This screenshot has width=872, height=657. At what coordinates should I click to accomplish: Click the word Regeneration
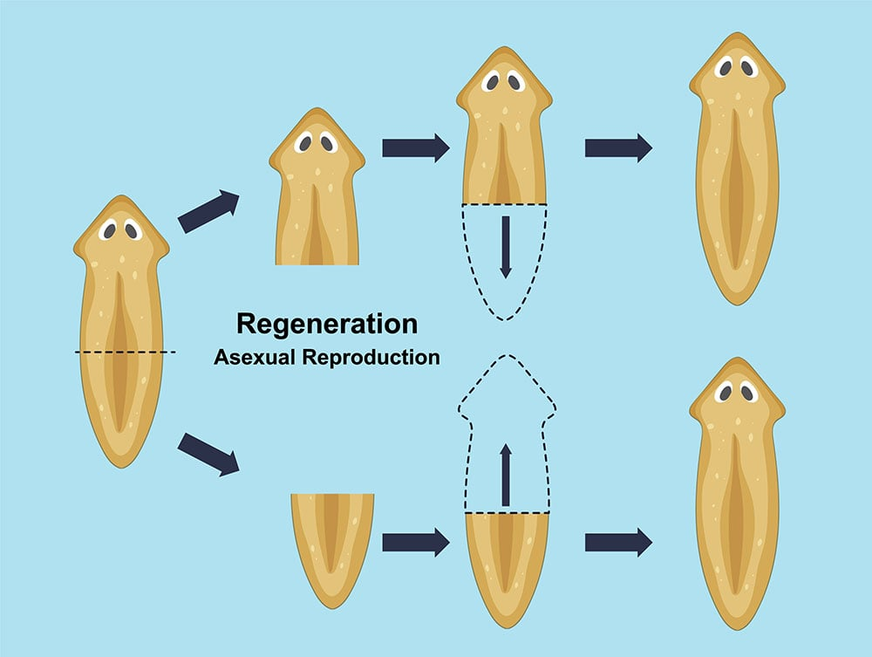pos(327,325)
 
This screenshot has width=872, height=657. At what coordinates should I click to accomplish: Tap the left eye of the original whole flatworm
pos(110,230)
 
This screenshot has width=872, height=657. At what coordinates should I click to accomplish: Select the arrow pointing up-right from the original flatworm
pos(208,211)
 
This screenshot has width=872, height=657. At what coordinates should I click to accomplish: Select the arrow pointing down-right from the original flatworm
pos(208,455)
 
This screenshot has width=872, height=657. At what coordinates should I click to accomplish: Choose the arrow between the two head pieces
pos(415,147)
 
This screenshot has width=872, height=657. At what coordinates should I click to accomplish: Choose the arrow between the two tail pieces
pos(415,542)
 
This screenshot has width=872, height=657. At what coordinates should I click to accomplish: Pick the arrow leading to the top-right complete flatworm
pos(618,147)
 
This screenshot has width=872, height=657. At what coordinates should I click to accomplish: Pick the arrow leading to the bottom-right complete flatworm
pos(618,542)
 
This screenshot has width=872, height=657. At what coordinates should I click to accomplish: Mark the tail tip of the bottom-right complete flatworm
pos(738,626)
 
